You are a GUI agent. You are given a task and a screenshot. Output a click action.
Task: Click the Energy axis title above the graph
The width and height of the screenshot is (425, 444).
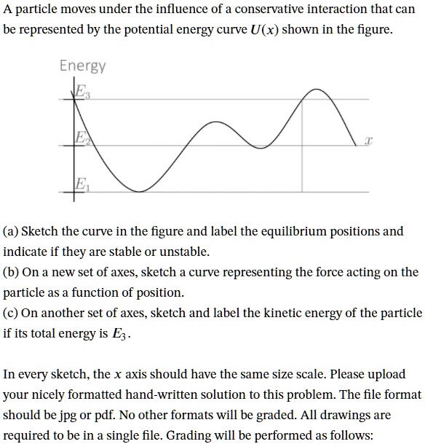click(82, 66)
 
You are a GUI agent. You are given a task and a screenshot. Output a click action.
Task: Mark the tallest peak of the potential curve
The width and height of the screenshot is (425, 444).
click(316, 90)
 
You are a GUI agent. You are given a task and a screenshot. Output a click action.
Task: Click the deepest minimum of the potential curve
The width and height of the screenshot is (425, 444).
click(133, 187)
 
